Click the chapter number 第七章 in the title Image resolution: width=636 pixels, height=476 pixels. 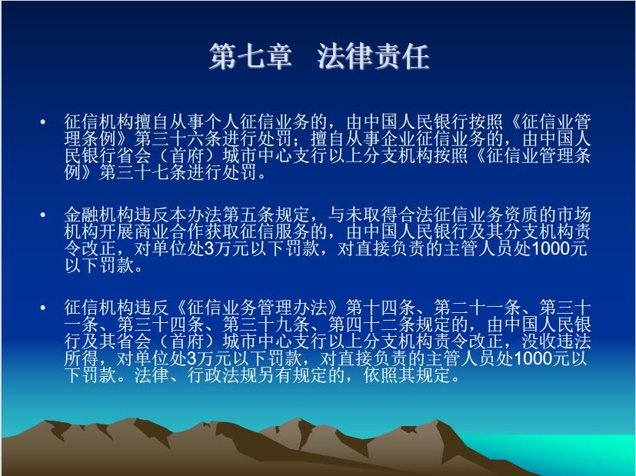251,56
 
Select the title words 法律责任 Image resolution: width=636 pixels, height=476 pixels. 373,56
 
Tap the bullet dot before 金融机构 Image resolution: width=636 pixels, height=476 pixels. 43,215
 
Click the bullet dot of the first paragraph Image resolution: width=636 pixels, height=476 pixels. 43,121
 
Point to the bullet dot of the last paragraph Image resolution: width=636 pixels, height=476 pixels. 43,308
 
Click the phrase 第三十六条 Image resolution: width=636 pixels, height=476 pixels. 178,138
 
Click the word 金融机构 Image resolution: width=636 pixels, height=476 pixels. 99,215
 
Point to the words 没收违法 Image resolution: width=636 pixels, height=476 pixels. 556,342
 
